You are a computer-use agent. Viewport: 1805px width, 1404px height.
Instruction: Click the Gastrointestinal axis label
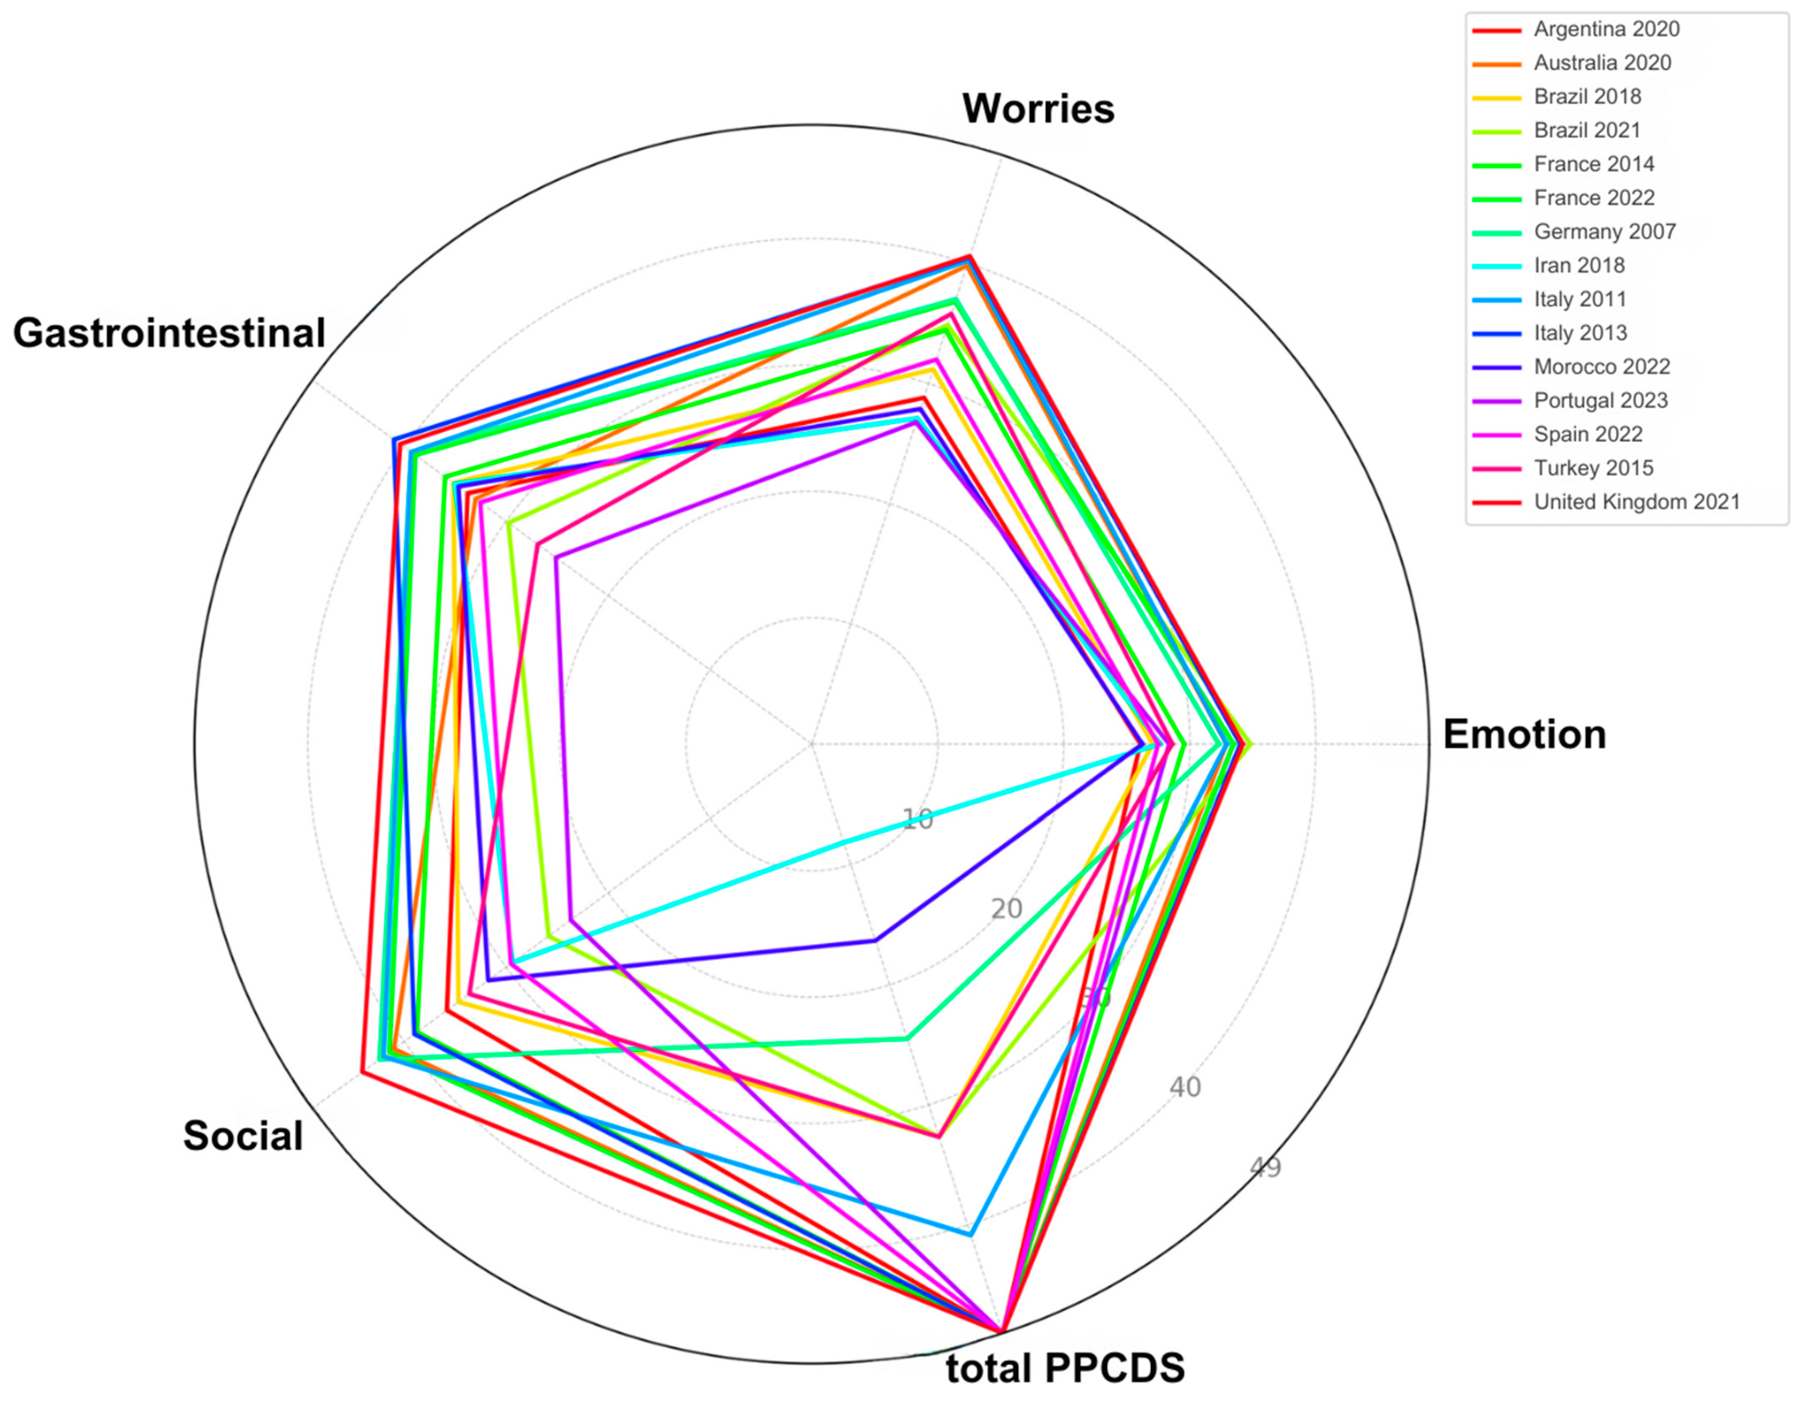click(170, 333)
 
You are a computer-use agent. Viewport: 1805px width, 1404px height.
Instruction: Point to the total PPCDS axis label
click(1064, 1367)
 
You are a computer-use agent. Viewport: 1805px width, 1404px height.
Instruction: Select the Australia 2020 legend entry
click(1602, 63)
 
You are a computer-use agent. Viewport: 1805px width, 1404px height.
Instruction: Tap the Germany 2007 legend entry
click(1604, 231)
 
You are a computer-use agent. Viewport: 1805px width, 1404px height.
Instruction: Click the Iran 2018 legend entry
click(1578, 265)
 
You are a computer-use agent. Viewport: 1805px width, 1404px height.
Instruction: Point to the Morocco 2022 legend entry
click(1602, 367)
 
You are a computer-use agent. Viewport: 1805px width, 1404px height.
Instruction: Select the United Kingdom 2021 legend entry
click(1636, 501)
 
